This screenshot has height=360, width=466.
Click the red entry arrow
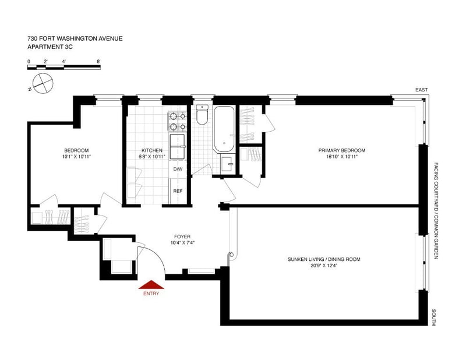(151, 285)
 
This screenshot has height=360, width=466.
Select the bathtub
(224, 129)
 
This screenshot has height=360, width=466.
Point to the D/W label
(178, 169)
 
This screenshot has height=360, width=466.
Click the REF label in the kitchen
(178, 191)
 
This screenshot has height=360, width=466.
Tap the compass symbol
(43, 83)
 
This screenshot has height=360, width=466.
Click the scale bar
(64, 68)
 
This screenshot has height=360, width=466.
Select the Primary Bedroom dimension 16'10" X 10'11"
(342, 156)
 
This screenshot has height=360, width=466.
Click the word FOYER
(182, 237)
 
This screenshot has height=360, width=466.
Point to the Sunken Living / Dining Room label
(324, 259)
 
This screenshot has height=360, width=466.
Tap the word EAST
(421, 90)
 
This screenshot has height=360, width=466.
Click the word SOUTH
(434, 317)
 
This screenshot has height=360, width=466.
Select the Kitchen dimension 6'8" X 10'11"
(152, 156)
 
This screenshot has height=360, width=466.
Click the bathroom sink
(228, 164)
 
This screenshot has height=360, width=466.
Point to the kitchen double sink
(177, 147)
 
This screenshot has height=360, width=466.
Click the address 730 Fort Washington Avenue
(75, 38)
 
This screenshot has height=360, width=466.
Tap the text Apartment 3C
(50, 47)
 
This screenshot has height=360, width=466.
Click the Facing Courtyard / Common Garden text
(436, 210)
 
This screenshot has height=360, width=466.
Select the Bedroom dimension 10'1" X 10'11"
(76, 156)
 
